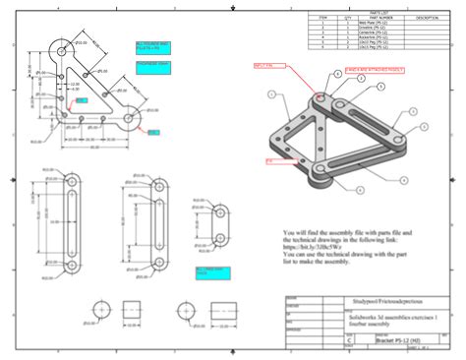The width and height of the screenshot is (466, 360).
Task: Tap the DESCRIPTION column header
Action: tap(428, 18)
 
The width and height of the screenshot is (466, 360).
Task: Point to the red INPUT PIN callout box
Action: tap(263, 66)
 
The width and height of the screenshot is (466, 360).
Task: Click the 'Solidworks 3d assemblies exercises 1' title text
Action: tap(379, 314)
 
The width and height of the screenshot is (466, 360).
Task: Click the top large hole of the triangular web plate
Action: tap(62, 47)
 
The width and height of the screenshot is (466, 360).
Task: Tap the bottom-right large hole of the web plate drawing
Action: tap(130, 117)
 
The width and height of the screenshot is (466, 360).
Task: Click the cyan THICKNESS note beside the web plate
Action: tap(152, 66)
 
